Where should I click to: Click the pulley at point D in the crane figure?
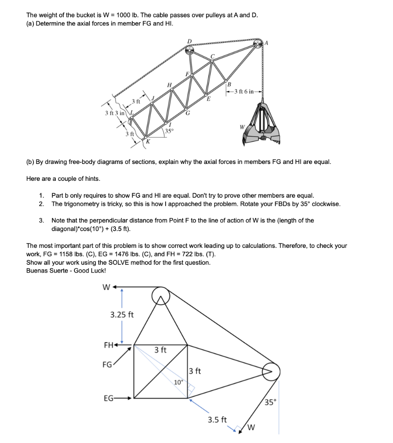point(189,50)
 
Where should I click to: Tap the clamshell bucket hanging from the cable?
point(262,123)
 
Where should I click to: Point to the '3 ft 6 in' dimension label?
point(246,91)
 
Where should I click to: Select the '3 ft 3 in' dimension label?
point(115,113)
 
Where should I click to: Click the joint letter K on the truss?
point(147,141)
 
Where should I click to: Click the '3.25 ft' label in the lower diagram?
point(122,315)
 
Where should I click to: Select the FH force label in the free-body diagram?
point(109,345)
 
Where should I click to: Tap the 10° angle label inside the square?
point(178,382)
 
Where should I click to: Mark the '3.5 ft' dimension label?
point(217,420)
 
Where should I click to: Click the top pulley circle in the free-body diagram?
point(161,296)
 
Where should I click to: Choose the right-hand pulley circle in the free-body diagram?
point(271,371)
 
